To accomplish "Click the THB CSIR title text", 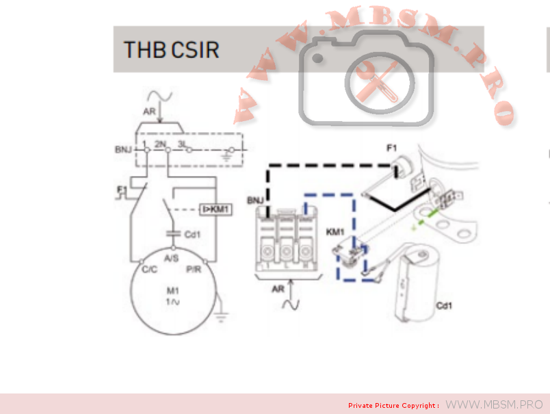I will tap(171, 50).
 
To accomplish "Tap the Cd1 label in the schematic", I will tap(192, 235).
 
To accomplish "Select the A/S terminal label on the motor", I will tap(172, 258).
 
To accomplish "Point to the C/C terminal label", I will tap(150, 270).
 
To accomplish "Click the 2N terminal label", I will tap(161, 144).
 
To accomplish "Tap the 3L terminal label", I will tap(183, 144).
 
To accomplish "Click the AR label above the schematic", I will tap(150, 111).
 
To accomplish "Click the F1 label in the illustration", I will tap(392, 147).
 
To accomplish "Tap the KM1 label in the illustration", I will tap(335, 232).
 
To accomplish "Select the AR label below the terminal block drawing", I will tap(278, 289).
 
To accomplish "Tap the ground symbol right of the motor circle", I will tap(220, 316).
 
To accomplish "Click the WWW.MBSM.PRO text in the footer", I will tap(495, 405).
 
